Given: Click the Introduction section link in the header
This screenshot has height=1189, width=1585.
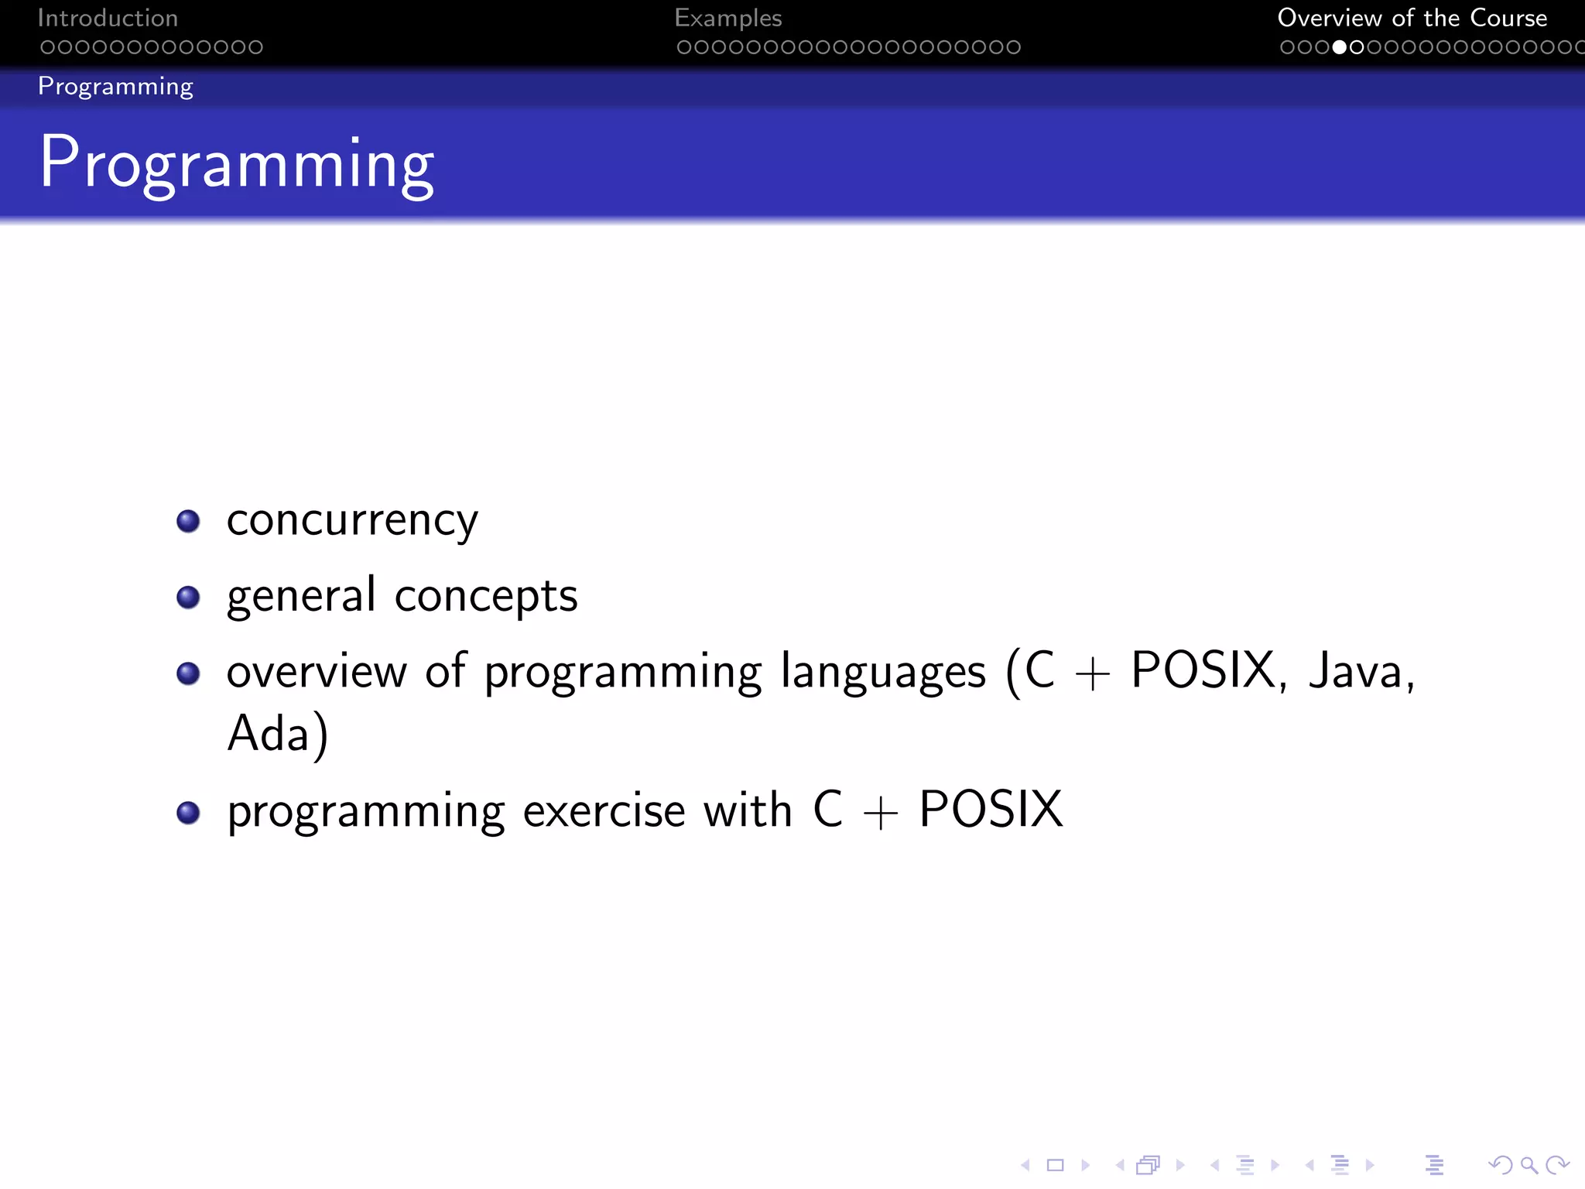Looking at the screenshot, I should point(108,18).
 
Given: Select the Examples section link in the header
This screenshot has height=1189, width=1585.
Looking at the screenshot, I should point(727,18).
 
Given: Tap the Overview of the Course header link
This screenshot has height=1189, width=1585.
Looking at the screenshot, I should point(1412,18).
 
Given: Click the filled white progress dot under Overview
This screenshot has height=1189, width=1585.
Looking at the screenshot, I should point(1340,47).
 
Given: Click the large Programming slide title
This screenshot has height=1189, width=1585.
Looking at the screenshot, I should point(237,163).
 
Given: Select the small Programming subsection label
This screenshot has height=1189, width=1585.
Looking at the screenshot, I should point(115,87).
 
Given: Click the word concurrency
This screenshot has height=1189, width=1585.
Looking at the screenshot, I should point(352,520).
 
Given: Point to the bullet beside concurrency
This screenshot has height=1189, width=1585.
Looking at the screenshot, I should point(188,521).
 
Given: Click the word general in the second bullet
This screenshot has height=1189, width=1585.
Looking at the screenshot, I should point(301,596).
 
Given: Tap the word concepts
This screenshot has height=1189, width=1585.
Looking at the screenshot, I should point(486,596).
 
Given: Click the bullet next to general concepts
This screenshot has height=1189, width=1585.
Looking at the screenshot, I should point(188,597).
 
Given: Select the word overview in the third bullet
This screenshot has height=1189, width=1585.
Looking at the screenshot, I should point(316,671).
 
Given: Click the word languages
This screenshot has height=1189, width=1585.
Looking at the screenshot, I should point(883,671).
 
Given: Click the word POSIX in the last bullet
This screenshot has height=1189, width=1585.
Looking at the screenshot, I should point(991,810).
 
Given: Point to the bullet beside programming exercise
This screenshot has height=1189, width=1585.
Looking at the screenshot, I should point(188,812).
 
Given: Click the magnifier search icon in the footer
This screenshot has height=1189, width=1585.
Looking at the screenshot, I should point(1529,1165).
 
